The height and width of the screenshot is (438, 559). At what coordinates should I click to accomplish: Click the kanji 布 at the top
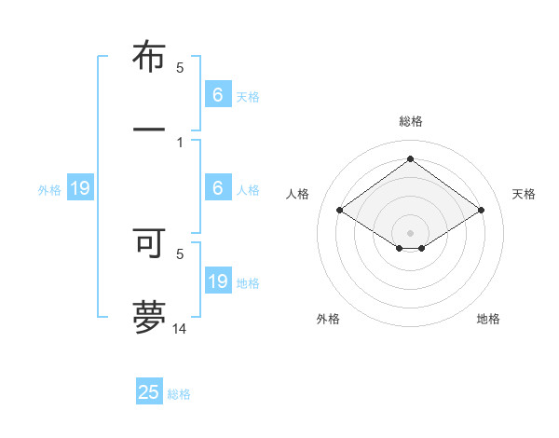click(149, 58)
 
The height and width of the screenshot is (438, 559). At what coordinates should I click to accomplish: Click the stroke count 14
click(180, 328)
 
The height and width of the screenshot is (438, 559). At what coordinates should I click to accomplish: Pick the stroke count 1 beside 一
click(180, 142)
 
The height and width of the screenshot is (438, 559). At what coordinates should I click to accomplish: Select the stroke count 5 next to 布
click(180, 67)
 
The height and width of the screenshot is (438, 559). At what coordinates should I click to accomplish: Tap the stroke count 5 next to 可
click(180, 253)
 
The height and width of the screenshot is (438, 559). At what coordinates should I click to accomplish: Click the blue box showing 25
click(149, 392)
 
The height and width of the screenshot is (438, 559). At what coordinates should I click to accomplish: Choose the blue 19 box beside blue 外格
click(80, 189)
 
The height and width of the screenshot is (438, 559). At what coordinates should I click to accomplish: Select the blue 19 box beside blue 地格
click(218, 281)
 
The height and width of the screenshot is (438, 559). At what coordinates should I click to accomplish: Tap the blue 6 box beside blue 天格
click(218, 95)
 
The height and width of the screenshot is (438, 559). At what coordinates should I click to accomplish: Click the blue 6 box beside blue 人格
click(218, 188)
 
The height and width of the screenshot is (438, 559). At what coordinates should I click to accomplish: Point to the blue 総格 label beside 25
click(179, 394)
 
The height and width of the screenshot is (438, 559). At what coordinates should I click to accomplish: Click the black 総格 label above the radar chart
click(410, 121)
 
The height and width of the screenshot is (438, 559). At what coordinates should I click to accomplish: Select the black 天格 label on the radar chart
click(524, 194)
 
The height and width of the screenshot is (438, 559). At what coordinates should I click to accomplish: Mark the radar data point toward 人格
click(339, 211)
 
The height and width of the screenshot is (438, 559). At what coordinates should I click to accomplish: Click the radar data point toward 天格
click(481, 211)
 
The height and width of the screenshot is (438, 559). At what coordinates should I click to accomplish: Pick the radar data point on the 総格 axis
click(410, 158)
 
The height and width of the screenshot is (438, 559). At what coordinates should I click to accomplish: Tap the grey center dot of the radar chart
click(410, 232)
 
